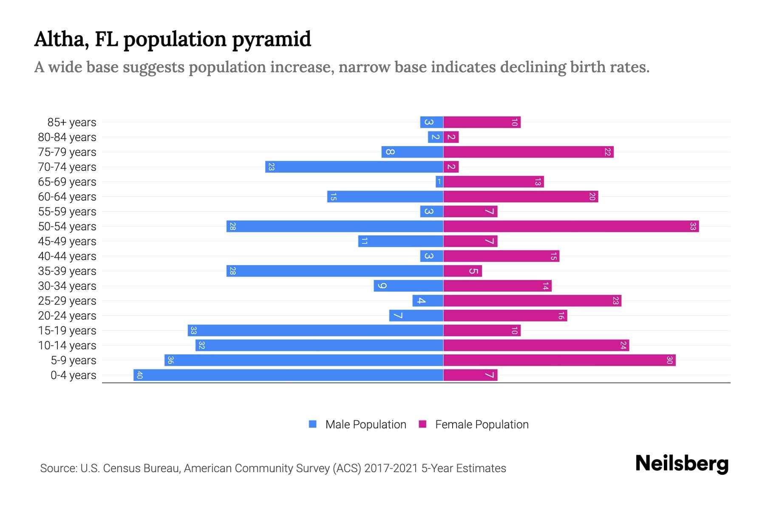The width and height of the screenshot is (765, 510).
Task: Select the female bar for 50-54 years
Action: tap(571, 226)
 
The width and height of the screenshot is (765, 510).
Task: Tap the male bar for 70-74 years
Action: tap(354, 167)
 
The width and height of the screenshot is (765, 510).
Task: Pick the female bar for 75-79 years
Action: tap(528, 152)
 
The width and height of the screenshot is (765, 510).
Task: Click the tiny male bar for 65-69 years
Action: tap(439, 182)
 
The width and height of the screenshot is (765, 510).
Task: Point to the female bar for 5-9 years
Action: tap(559, 360)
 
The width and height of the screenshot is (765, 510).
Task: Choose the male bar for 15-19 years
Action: tap(315, 330)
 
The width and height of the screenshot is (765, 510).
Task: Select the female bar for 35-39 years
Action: tap(462, 271)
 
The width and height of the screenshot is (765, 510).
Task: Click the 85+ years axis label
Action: tap(72, 122)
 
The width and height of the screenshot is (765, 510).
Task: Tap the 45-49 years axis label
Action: tap(67, 241)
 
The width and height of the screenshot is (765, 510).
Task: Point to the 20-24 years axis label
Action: tap(67, 316)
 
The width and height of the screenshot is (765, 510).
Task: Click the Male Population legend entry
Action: tap(365, 424)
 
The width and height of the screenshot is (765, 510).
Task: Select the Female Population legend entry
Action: tap(481, 424)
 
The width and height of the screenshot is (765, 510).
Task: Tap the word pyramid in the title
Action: tap(272, 39)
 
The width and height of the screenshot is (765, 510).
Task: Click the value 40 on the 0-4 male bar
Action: tap(140, 375)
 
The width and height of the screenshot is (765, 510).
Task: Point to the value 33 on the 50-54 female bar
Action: tap(693, 226)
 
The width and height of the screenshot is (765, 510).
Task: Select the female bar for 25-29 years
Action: tap(532, 300)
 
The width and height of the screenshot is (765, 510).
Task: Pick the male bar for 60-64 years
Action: tap(385, 196)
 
